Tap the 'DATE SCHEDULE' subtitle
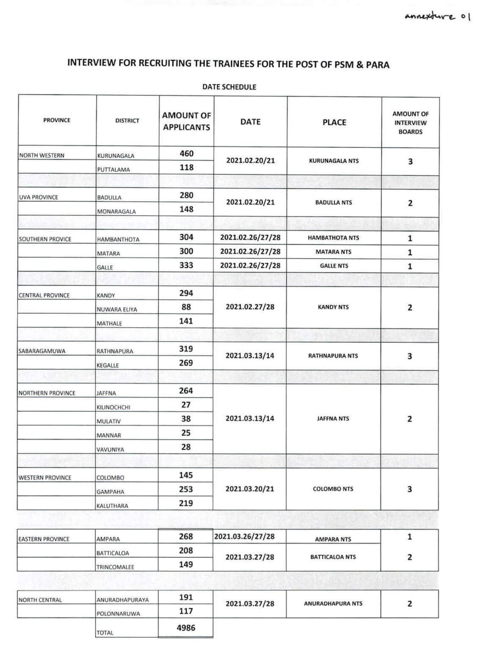(229, 87)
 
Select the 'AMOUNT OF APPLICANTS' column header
(186, 121)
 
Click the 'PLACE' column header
(334, 122)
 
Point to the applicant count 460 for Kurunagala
(186, 154)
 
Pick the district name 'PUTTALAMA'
(114, 170)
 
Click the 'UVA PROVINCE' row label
(39, 197)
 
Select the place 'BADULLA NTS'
(333, 203)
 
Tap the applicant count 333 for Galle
(186, 265)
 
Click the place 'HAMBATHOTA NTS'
(333, 238)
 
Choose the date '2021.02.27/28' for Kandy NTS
(250, 307)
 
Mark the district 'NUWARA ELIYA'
(117, 310)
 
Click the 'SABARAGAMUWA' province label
(42, 351)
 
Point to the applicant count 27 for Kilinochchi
(186, 405)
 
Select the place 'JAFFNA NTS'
(333, 419)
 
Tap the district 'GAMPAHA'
(110, 492)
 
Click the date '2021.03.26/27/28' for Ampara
(244, 537)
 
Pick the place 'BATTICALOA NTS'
(333, 557)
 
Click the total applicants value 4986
(186, 628)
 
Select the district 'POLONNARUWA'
(118, 614)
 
